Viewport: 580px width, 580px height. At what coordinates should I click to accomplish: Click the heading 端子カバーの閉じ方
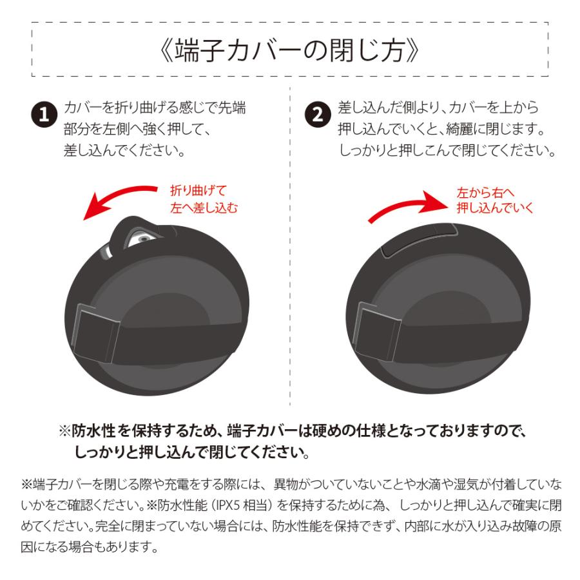(289, 50)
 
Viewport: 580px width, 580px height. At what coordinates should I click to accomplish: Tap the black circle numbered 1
(44, 115)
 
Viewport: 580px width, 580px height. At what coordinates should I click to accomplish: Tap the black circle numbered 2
(317, 115)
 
